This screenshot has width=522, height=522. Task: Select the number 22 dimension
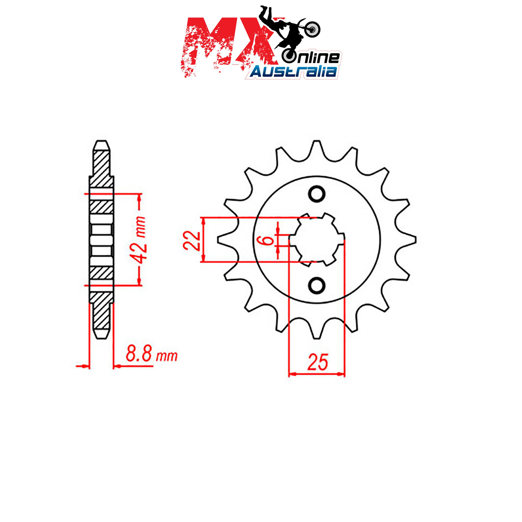coord(192,240)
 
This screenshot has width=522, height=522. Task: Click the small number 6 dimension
coord(268,240)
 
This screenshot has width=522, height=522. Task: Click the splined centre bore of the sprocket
coord(316,240)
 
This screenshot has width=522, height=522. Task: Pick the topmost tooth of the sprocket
coord(316,148)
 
